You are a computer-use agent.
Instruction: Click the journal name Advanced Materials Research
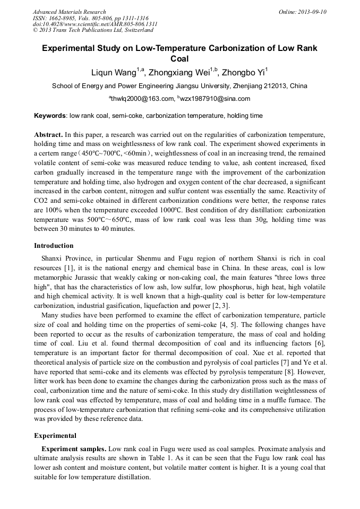tap(69, 12)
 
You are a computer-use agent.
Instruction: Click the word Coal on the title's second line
tap(179, 59)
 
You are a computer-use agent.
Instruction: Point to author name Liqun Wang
tap(114, 73)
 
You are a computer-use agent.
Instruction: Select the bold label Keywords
tap(50, 115)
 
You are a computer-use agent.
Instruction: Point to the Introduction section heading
tap(54, 246)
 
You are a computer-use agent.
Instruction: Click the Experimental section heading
tap(55, 436)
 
